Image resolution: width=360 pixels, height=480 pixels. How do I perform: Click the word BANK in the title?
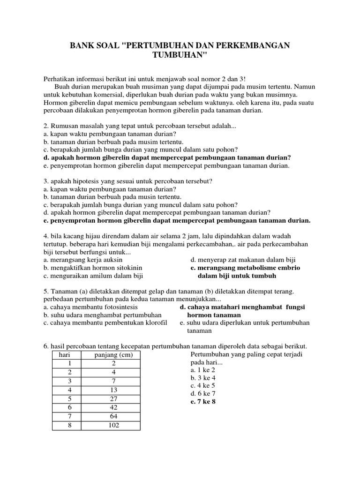coord(82,45)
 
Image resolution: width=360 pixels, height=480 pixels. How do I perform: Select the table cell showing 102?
coord(113,425)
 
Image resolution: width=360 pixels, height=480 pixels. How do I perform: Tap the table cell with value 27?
coord(113,398)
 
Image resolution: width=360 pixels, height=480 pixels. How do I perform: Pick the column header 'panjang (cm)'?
coord(113,355)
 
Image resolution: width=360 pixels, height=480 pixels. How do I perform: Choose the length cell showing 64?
coord(113,416)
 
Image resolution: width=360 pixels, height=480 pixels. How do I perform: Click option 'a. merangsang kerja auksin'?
coord(82,260)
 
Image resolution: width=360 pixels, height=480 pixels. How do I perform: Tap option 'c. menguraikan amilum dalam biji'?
coord(92,276)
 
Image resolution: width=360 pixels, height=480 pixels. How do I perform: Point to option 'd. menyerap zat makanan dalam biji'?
coord(243,260)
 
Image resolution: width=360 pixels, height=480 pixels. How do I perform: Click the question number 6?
coord(46,346)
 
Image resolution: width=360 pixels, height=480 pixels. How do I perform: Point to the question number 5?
coord(46,291)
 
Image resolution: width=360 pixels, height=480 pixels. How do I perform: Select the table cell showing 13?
coord(113,390)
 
